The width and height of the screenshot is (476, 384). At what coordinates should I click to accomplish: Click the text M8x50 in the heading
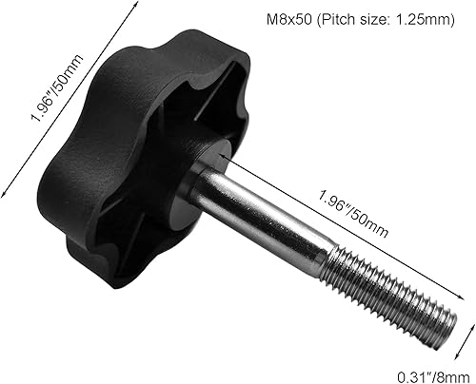[286, 21]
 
